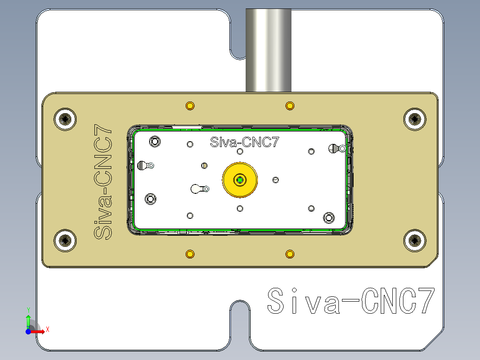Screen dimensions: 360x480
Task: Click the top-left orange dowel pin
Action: [x=190, y=106]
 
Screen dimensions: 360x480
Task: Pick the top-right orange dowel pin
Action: [x=290, y=106]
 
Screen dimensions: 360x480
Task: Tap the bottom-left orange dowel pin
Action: [x=190, y=254]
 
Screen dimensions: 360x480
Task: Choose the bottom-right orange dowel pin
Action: [x=290, y=254]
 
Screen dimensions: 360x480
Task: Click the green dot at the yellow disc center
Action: [x=240, y=180]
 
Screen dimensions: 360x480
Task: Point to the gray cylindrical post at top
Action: [x=268, y=49]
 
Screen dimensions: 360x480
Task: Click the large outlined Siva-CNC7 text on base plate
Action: [x=350, y=302]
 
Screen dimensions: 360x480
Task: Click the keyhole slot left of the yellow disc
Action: [x=199, y=189]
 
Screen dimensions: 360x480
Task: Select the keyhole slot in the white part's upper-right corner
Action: [x=337, y=148]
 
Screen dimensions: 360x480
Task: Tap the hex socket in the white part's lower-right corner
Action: [x=329, y=217]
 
